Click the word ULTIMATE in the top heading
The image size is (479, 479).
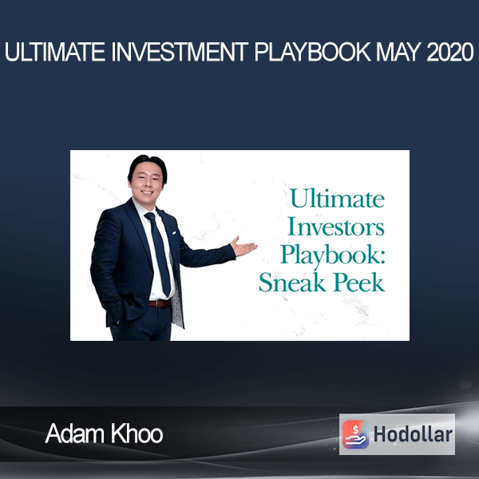click(55, 52)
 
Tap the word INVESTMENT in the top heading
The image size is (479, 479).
click(180, 52)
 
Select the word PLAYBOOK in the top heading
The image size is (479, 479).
click(312, 52)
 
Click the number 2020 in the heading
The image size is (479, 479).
click(450, 52)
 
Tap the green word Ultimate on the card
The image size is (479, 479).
click(337, 198)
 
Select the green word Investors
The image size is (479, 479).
click(336, 227)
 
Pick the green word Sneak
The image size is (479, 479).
click(293, 283)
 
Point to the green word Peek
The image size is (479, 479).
click(359, 283)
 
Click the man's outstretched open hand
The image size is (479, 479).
click(243, 246)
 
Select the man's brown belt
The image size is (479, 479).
click(159, 303)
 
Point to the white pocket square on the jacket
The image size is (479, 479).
click(173, 233)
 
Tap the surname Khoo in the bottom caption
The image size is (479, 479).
click(137, 433)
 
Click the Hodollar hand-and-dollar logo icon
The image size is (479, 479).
click(355, 434)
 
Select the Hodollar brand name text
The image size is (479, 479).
click(413, 434)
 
